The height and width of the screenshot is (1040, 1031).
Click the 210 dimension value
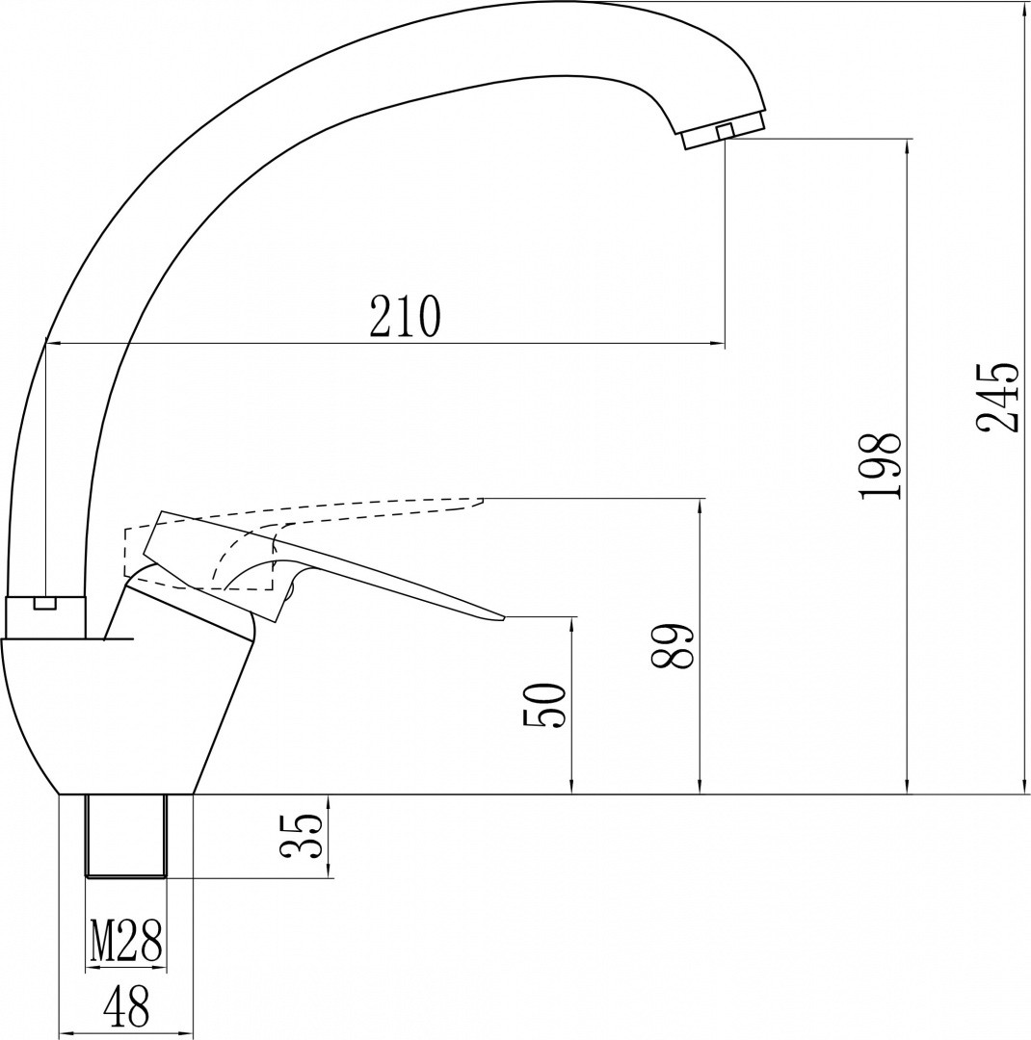[x=405, y=317]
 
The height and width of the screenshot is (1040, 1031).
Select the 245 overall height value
[x=998, y=397]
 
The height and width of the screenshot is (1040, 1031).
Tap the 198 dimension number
[x=880, y=465]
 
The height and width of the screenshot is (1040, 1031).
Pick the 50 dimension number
[x=544, y=705]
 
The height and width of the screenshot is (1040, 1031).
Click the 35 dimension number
[x=302, y=835]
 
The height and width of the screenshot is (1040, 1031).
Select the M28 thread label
[x=126, y=941]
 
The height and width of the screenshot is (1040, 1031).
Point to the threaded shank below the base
[x=126, y=836]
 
